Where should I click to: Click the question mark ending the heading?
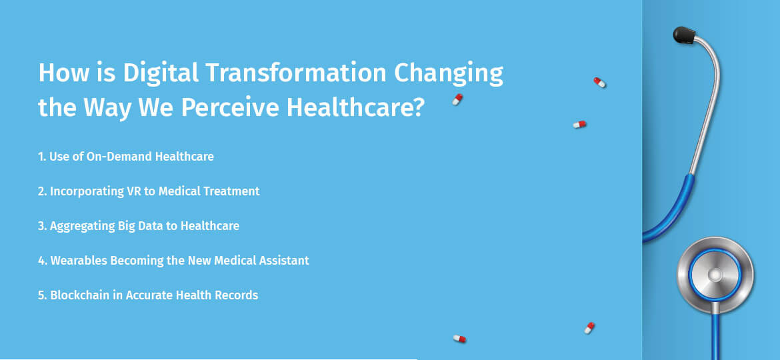[x=416, y=107]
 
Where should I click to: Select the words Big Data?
[x=136, y=226]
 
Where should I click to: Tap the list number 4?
[x=41, y=261]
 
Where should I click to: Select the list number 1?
[x=41, y=157]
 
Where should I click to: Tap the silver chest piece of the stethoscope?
[x=715, y=275]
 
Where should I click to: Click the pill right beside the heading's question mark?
[x=457, y=99]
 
